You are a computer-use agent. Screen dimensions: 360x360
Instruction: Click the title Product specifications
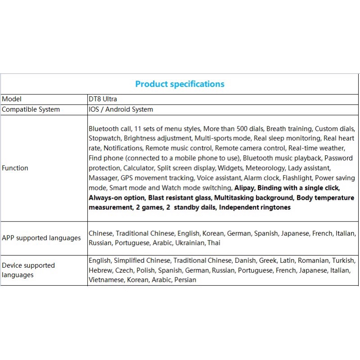180,84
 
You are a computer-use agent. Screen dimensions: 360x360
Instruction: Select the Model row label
12,99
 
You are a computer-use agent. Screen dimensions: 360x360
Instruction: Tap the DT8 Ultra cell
103,99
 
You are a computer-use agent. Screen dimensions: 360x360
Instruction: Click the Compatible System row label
31,109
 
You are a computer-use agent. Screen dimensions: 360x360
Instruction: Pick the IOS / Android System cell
121,109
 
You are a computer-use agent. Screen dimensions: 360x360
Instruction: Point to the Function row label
15,168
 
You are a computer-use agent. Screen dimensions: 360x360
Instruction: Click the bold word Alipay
243,188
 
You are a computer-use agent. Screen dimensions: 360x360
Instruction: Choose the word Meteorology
262,168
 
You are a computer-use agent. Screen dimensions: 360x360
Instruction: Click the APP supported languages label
41,238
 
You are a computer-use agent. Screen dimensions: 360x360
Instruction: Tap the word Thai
214,243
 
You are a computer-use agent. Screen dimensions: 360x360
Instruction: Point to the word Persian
185,280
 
